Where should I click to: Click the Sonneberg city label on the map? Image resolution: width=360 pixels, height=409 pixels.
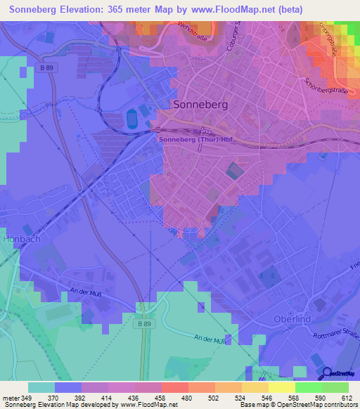point(200,104)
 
